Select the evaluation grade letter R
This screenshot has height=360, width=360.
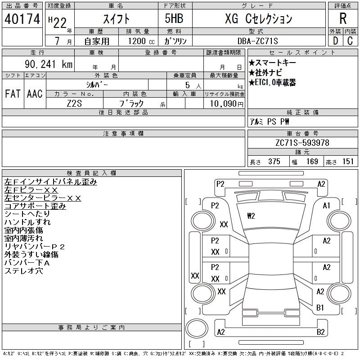point(343,19)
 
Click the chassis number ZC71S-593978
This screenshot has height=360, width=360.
point(302,143)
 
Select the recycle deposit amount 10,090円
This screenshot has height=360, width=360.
point(224,104)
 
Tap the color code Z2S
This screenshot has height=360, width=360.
point(74,104)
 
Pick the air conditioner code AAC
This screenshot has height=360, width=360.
point(35,94)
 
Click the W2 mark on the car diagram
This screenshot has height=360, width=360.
point(251,216)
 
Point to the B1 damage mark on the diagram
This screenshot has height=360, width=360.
point(320,308)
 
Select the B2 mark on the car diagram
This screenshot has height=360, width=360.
point(321,332)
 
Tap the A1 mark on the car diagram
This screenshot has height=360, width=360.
point(327,206)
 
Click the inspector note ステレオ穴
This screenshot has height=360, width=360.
point(23,271)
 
